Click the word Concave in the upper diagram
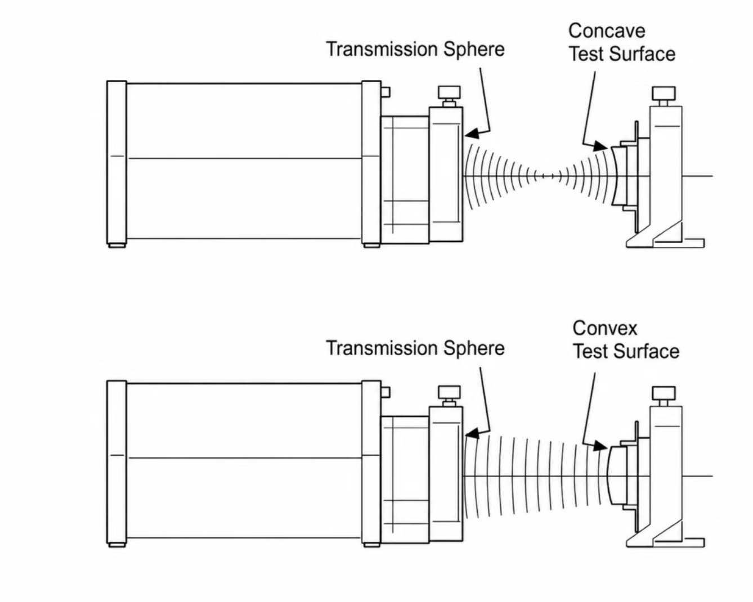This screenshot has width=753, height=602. tap(607, 31)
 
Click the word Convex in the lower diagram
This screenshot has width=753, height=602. tap(605, 328)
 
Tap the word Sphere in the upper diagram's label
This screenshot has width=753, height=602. tap(474, 50)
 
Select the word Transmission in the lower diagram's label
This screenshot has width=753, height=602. tap(382, 348)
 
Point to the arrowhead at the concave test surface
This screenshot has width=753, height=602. tap(600, 146)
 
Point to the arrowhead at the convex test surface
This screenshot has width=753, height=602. tap(600, 446)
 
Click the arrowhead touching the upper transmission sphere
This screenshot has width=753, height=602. tap(472, 134)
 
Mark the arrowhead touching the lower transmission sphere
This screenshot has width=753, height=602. tap(472, 434)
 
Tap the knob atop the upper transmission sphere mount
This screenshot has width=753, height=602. tap(450, 92)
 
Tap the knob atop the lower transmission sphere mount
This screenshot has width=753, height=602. tap(450, 392)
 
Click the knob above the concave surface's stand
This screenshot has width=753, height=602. tap(664, 93)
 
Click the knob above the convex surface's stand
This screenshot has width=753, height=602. tap(664, 393)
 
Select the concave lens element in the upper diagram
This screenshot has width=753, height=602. tap(618, 176)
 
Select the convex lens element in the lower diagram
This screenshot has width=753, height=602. tap(617, 475)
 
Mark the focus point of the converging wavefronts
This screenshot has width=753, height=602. tap(548, 176)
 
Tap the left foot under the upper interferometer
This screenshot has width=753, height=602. tap(117, 245)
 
